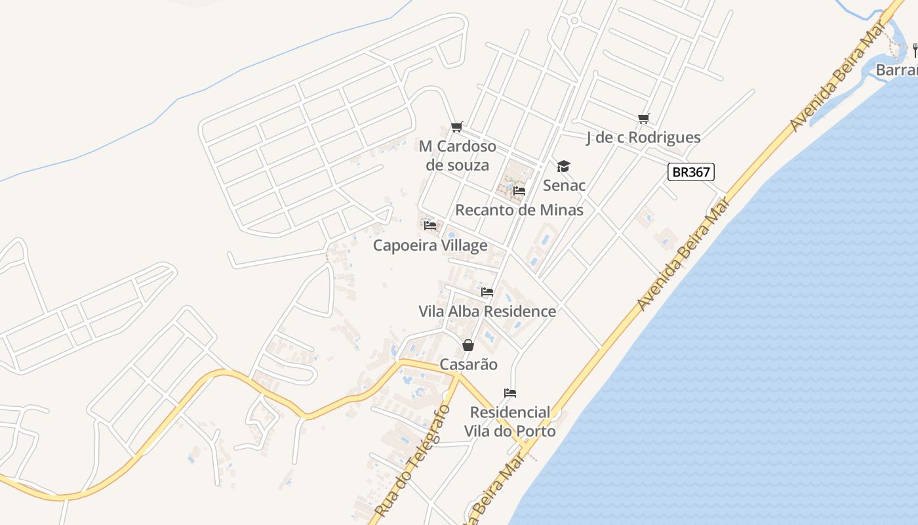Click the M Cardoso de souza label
tap(457, 156)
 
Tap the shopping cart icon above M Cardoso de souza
tap(457, 126)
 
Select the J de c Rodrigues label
tap(643, 137)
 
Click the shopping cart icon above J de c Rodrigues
tap(643, 118)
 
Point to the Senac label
tap(564, 186)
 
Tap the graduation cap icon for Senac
tap(563, 166)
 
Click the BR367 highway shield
tap(691, 172)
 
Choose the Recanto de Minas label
tap(519, 210)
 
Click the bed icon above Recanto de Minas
tap(519, 191)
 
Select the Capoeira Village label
tap(430, 245)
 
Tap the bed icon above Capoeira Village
tap(430, 226)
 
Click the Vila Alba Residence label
tap(487, 311)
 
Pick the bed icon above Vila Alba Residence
tap(487, 292)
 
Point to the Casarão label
tap(468, 364)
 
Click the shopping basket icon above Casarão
tap(468, 345)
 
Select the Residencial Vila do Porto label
tap(510, 422)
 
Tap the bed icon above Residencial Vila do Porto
tap(510, 393)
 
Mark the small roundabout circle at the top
tap(574, 21)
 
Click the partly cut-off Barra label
tap(896, 70)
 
